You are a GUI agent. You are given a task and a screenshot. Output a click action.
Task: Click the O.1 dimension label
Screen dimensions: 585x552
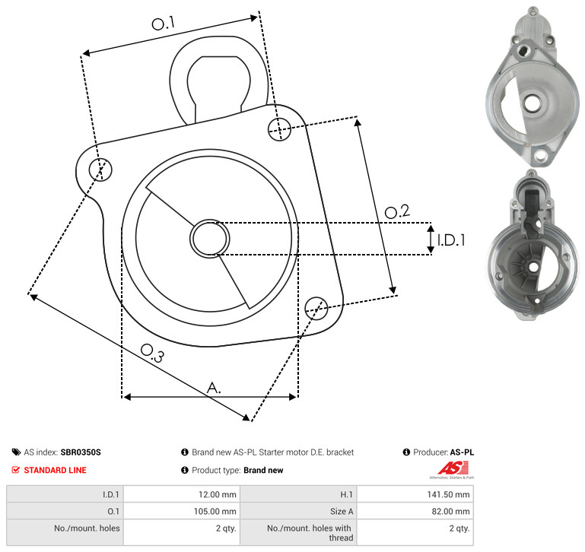point(164,24)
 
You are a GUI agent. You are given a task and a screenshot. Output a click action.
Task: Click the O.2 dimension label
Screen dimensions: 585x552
point(397,211)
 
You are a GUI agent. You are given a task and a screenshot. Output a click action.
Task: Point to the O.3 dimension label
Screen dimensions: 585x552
point(152,354)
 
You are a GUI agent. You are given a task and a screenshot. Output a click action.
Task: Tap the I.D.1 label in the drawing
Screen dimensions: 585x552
point(451,240)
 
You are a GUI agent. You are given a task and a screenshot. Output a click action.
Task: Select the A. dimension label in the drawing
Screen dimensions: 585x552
point(214,388)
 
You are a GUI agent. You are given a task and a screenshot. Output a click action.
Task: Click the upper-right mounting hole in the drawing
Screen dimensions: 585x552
point(279,129)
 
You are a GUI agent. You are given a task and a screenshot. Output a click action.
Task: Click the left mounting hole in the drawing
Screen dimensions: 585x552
point(100,170)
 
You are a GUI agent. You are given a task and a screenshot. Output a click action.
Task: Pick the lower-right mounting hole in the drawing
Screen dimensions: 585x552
point(316,308)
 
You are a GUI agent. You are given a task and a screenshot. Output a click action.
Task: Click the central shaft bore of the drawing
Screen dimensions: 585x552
point(210,239)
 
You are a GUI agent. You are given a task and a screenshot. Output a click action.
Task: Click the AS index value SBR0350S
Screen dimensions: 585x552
point(81,452)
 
